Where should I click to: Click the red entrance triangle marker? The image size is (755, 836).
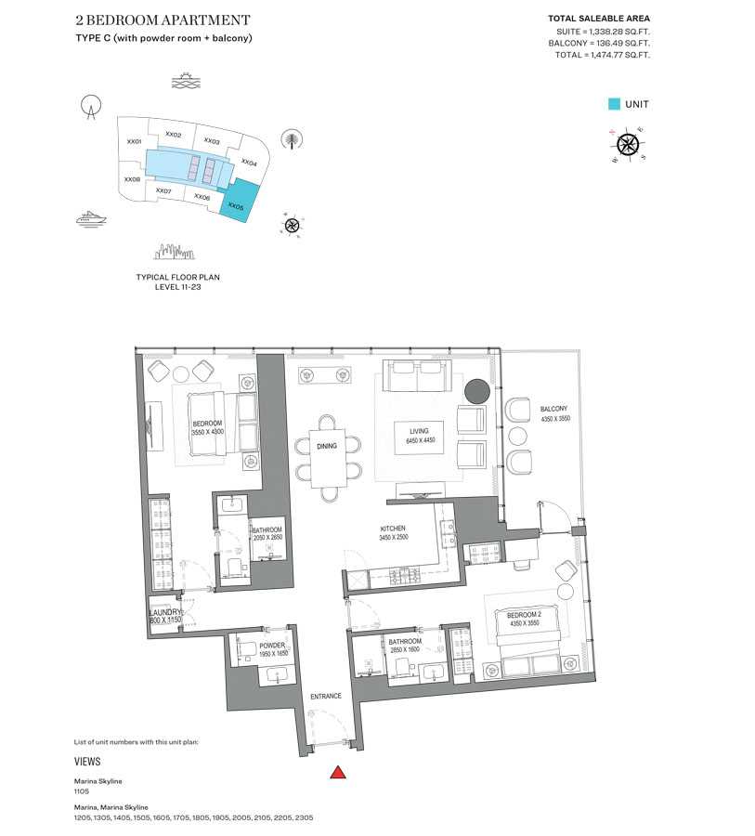pyautogui.click(x=339, y=771)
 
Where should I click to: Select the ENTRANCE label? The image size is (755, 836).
pyautogui.click(x=326, y=696)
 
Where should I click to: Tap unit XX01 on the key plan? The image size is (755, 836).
pyautogui.click(x=134, y=142)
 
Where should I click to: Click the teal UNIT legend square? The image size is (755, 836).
pyautogui.click(x=614, y=105)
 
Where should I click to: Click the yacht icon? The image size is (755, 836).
pyautogui.click(x=91, y=217)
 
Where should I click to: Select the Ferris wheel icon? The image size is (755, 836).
pyautogui.click(x=89, y=108)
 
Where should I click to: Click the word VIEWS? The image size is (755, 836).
pyautogui.click(x=87, y=761)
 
